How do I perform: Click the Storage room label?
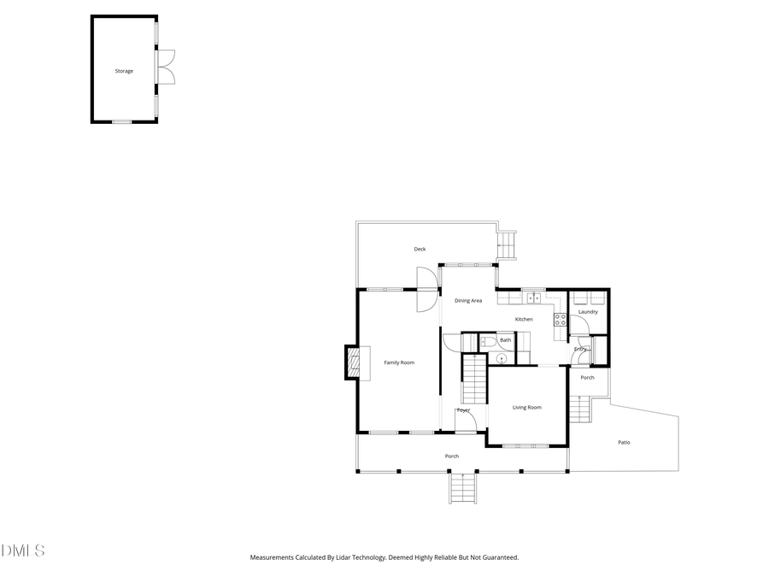pos(124,71)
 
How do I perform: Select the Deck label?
pos(420,249)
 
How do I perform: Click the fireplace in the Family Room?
pos(352,362)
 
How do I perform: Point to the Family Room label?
pos(399,362)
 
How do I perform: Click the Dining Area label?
pos(468,301)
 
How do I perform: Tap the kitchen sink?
pos(532,298)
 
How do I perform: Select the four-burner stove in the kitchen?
pos(561,320)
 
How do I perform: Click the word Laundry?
pos(588,312)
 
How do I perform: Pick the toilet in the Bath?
pos(488,341)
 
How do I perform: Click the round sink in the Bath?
pos(502,357)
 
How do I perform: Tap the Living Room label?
pos(527,408)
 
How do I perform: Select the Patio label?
pos(625,442)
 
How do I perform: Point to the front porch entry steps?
pos(462,488)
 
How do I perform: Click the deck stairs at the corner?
pos(507,244)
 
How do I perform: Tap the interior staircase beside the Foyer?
pos(474,381)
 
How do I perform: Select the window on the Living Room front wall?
pos(525,445)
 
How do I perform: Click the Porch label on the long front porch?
pos(452,456)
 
